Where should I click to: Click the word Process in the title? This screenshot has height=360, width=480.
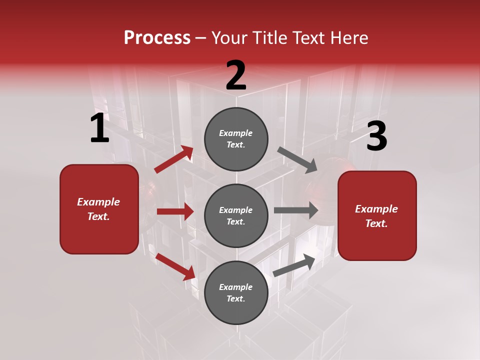[157, 38]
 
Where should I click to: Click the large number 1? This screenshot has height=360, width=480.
[99, 128]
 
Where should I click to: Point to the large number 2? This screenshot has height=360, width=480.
[236, 76]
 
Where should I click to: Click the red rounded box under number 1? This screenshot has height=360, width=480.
[99, 209]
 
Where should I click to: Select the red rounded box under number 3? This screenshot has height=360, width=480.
[377, 216]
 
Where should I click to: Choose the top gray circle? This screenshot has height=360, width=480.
[236, 139]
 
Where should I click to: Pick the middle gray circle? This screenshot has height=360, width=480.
[236, 215]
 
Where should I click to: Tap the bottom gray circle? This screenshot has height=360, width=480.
[236, 292]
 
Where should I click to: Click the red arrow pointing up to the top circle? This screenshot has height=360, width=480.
[174, 159]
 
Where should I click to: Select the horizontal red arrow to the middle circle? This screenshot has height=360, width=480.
[175, 211]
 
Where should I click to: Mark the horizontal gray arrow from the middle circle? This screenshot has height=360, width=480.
[296, 210]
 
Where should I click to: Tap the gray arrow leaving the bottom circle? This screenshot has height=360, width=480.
[294, 265]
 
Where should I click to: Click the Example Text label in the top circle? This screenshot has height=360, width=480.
[236, 139]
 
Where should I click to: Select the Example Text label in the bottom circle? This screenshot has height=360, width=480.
[236, 292]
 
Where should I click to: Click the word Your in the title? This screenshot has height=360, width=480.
[229, 38]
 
